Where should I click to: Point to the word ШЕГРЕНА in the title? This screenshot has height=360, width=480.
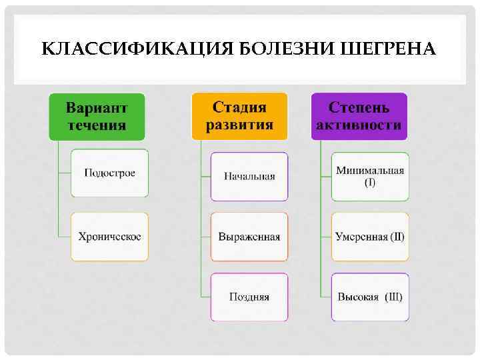coord(388,49)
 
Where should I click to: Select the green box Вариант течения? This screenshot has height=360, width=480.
coord(97,116)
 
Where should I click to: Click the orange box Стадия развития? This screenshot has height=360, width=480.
coord(239,116)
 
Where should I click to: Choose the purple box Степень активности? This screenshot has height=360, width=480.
coord(359,116)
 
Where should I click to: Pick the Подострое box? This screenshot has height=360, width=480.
coord(109,173)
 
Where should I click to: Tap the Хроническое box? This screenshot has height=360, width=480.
coord(109,237)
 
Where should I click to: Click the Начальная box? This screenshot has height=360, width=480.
coord(249,177)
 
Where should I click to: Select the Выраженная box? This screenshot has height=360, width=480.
coord(249,237)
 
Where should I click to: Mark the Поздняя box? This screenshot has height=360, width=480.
coord(249,297)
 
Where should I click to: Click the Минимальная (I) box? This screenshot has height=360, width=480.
coord(370,177)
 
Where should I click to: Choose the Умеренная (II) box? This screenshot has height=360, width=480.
coord(370,237)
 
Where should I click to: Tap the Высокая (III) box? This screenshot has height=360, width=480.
coord(370,297)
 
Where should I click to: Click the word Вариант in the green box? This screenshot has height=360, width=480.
coord(97,107)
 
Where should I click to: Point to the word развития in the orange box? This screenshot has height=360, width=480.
coord(239,125)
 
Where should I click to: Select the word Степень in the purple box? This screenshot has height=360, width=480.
coord(359,107)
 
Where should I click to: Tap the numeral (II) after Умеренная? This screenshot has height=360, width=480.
coord(397,237)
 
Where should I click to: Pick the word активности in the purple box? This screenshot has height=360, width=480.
coord(359,125)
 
